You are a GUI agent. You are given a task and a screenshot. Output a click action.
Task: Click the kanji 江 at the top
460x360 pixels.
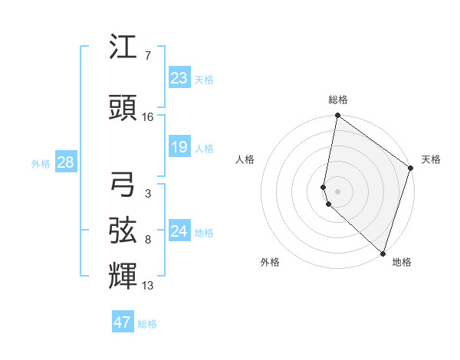pos(123,47)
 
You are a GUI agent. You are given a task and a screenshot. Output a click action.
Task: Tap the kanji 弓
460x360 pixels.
pos(123,185)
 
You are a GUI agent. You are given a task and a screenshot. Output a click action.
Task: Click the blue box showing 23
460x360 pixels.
pos(179,77)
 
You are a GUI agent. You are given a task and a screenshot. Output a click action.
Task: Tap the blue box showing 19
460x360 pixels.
pos(179,146)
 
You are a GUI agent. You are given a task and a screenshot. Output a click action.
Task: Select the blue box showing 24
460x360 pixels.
pos(179,231)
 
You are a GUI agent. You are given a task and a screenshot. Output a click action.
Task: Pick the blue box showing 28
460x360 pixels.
pos(64,162)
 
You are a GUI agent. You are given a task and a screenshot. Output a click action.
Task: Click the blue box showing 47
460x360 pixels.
pos(123,322)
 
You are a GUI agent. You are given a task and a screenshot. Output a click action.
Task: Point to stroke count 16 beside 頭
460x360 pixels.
pos(148,117)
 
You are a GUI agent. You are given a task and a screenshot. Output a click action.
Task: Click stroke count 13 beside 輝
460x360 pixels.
pos(148,286)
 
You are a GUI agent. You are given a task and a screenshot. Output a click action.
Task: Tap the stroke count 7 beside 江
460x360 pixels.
pos(147,56)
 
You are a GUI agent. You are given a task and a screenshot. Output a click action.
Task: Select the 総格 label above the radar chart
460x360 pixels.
pos(338,100)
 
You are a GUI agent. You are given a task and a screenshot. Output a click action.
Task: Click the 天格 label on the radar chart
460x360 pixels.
pos(431,159)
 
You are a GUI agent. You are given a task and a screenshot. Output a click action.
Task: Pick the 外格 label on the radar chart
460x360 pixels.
pos(270,262)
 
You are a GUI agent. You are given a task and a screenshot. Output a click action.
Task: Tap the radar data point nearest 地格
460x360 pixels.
pos(383,253)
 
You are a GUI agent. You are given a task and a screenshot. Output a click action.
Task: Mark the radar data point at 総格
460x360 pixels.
pos(337,116)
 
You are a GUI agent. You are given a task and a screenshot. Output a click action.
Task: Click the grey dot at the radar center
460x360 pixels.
pos(337,190)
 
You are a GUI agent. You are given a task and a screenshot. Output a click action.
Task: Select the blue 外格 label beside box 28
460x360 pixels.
pos(41,163)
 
